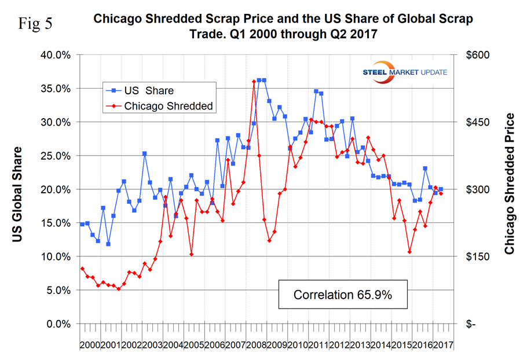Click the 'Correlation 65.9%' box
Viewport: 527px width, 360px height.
(342, 295)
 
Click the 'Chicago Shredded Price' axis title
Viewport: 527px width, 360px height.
(510, 184)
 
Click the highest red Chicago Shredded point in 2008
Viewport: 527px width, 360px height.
(254, 82)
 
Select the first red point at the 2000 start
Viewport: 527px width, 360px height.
(82, 269)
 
